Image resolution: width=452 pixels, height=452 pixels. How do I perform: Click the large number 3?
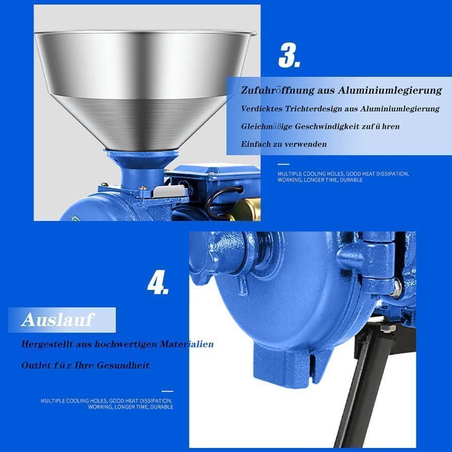[289, 55]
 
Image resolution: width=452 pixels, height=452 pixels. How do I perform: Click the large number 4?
[158, 282]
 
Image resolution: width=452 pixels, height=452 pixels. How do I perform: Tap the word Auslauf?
[58, 320]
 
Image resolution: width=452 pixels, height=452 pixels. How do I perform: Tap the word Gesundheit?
[123, 366]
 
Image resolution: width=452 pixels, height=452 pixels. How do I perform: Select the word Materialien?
[187, 344]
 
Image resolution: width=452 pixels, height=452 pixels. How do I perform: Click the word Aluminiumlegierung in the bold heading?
[390, 90]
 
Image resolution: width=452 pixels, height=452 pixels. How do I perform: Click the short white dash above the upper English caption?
[283, 164]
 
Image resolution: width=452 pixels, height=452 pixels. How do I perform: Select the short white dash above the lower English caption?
[167, 391]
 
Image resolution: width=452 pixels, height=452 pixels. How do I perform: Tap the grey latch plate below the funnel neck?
[169, 191]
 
